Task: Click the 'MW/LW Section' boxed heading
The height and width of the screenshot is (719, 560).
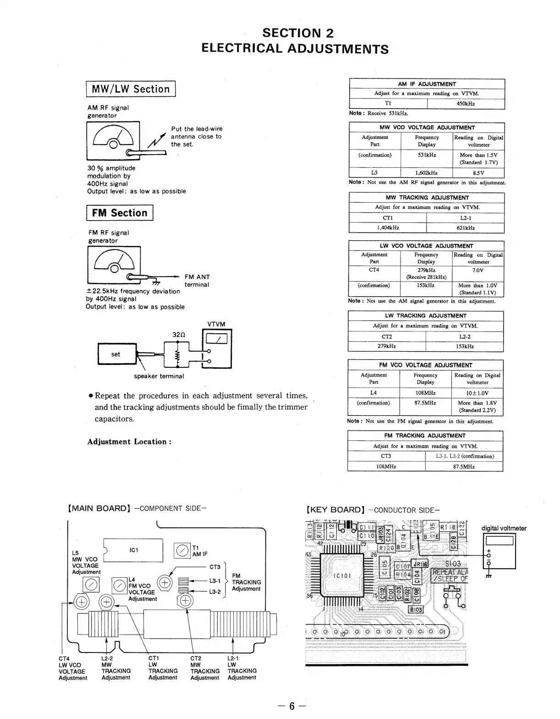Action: [131, 89]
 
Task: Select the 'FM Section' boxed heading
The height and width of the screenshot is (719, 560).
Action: [120, 213]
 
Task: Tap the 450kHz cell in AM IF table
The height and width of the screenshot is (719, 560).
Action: [466, 104]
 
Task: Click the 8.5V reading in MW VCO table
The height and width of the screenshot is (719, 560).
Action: [478, 173]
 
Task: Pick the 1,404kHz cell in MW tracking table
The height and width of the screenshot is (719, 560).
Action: [388, 228]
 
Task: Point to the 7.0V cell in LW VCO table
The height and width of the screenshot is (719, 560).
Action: [478, 271]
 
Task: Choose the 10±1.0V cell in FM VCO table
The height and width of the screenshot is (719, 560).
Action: [478, 393]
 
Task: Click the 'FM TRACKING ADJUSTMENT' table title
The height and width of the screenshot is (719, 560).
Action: [425, 436]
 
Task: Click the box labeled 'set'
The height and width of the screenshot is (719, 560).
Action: [116, 354]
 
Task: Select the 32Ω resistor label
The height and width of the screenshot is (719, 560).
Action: [179, 335]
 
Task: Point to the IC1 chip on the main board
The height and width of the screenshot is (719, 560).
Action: [134, 550]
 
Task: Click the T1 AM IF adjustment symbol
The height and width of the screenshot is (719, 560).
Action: [182, 550]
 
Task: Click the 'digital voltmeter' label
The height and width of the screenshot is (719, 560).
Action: [504, 528]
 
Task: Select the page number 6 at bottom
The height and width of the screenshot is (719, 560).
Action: [291, 706]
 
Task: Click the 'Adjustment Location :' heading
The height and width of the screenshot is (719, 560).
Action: [129, 442]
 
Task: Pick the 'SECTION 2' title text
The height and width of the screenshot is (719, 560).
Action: [298, 33]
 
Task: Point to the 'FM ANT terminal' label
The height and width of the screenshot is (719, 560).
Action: [197, 281]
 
